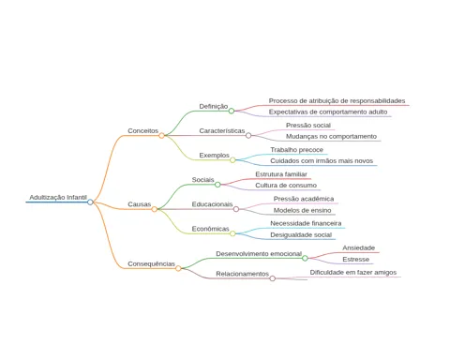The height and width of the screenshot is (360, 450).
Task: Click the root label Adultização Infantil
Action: coord(58,197)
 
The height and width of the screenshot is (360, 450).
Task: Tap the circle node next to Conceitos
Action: coord(161,136)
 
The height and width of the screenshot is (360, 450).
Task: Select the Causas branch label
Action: coord(140,204)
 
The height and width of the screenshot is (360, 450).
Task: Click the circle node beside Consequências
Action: coord(178,268)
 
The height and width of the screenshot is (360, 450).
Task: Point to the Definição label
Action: coord(214,106)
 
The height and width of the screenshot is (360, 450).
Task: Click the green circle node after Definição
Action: coord(232,111)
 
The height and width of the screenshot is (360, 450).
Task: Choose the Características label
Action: coord(222,130)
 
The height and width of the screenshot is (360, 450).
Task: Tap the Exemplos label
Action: coord(215,156)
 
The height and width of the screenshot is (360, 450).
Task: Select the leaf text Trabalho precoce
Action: coord(296,150)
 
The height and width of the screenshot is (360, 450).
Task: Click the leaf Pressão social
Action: coord(308,126)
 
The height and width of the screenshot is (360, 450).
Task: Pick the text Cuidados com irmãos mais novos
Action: coord(322,161)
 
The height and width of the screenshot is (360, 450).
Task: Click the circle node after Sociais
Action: coord(217,185)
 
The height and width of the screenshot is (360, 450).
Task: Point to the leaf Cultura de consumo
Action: coord(286,186)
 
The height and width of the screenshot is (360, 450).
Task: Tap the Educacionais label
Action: coord(212,204)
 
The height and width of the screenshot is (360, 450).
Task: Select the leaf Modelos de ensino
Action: coord(302,210)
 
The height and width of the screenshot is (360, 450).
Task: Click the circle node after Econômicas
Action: coord(232,233)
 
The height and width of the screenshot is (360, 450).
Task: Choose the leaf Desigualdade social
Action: coord(301,234)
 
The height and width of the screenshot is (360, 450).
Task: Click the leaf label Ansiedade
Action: coord(358,247)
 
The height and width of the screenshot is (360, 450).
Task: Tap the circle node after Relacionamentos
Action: coord(273,278)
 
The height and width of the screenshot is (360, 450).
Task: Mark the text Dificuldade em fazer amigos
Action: coord(353,273)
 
